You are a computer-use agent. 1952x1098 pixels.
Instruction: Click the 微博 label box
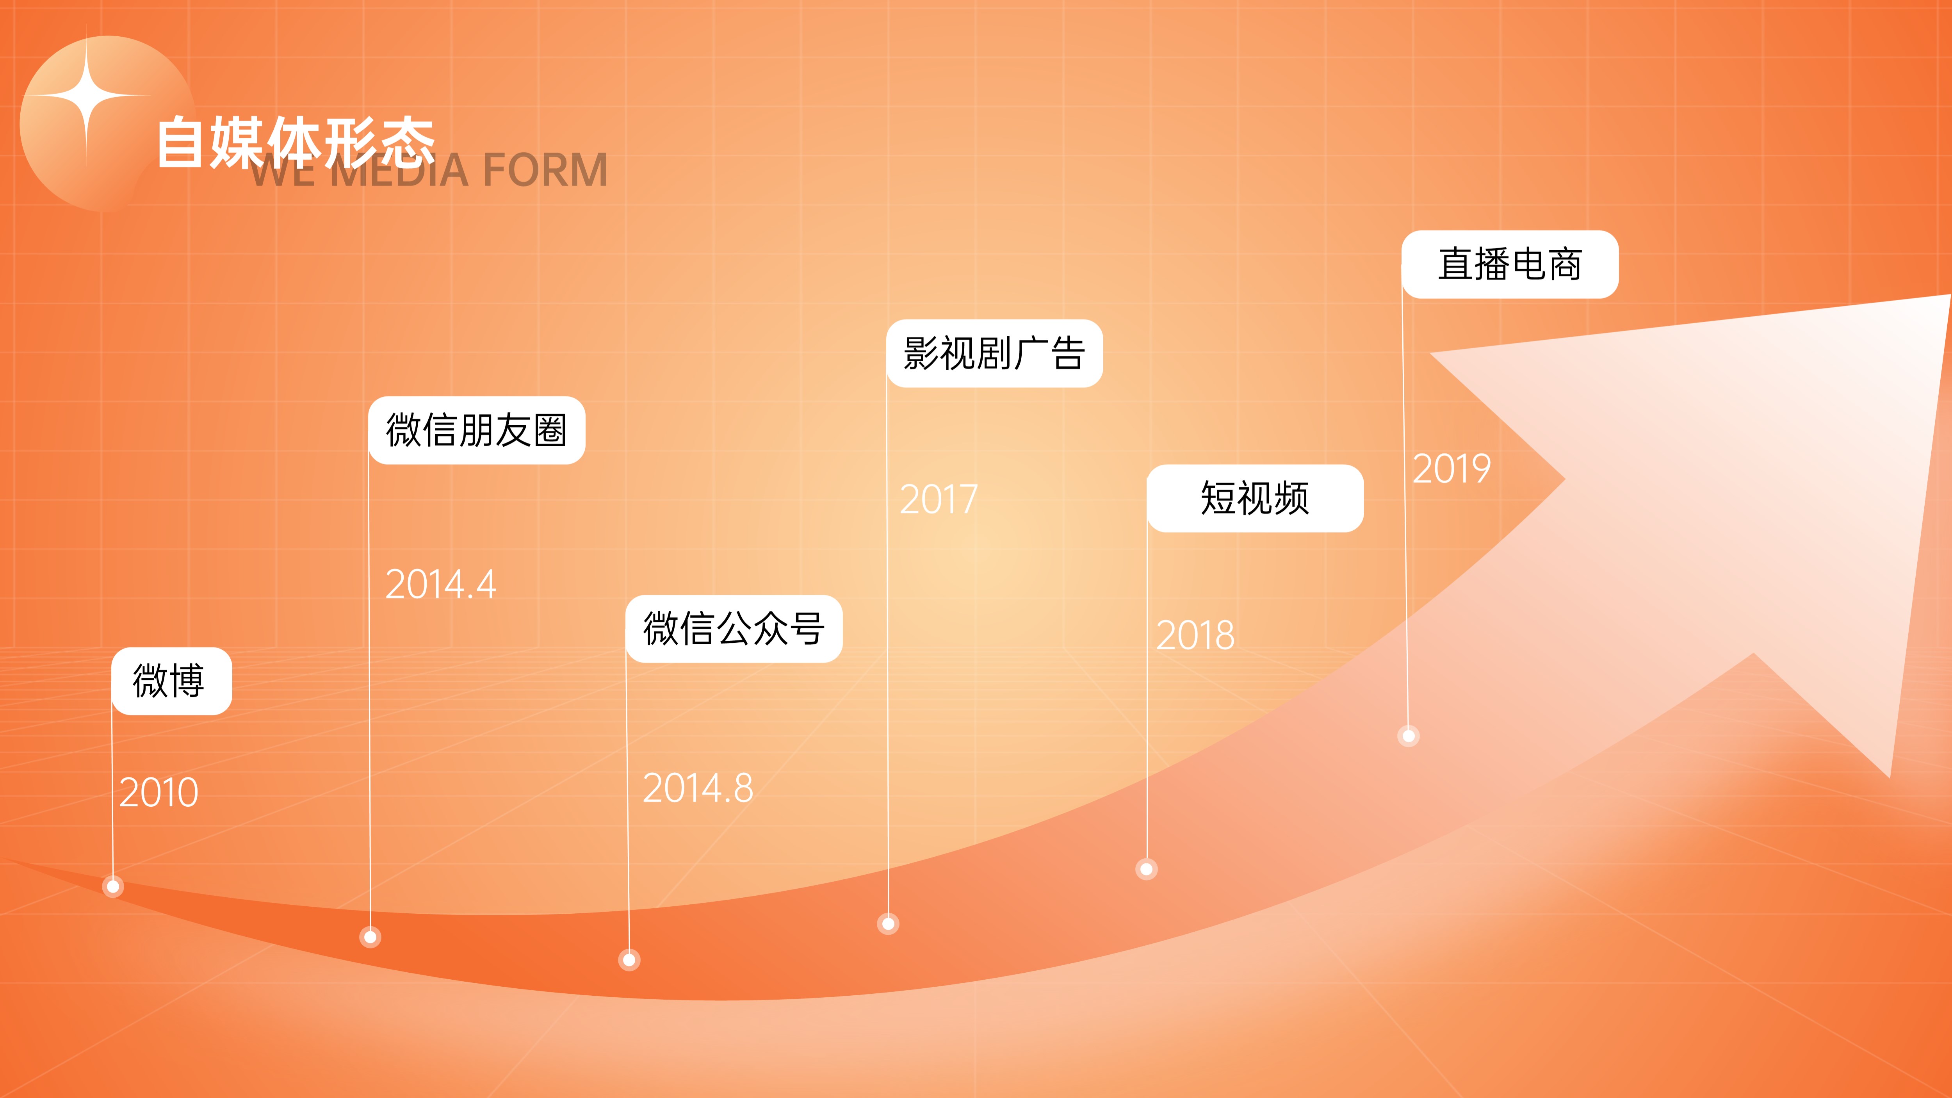pos(171,681)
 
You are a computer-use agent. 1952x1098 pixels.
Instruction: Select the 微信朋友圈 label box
pos(477,430)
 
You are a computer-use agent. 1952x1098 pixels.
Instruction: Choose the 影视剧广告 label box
pos(994,353)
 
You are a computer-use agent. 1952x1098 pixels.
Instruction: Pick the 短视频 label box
pos(1255,498)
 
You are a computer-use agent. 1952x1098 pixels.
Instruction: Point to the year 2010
pos(159,793)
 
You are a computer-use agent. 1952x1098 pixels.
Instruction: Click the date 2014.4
pos(440,584)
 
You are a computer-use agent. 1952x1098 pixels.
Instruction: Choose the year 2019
pos(1451,468)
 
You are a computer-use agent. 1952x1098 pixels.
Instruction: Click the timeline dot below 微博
pos(113,886)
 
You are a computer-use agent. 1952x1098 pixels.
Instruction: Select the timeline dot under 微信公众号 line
pos(629,960)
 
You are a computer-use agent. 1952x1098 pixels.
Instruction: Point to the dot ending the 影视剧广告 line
pos(888,924)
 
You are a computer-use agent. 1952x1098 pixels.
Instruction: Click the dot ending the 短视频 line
pos(1147,869)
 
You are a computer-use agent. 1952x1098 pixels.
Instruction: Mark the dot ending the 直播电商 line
pos(1408,736)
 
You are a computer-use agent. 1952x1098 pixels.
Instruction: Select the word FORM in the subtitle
pos(544,170)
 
